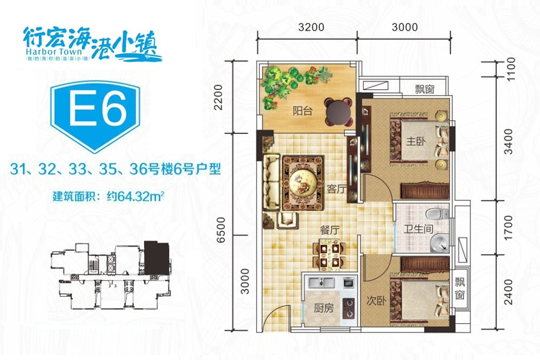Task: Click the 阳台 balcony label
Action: click(x=302, y=112)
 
